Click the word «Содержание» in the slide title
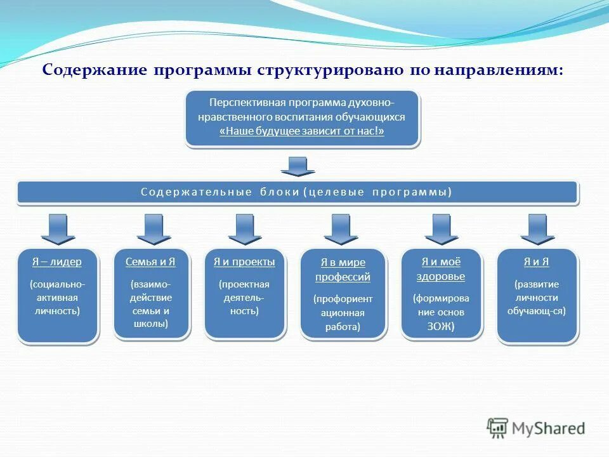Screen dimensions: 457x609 (95, 70)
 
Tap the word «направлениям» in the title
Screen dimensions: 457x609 (498, 70)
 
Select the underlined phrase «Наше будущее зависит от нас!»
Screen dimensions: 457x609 (302, 131)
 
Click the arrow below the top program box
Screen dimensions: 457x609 (298, 166)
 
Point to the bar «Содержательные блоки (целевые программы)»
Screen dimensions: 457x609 (297, 192)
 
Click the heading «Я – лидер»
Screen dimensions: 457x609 (57, 262)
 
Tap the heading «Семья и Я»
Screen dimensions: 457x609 (150, 262)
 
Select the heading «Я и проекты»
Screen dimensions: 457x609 (244, 262)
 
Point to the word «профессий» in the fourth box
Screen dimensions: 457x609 (343, 277)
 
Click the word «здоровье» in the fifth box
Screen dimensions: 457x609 (441, 277)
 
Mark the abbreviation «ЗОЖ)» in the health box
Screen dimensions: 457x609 (441, 328)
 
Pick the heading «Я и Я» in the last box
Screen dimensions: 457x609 (536, 262)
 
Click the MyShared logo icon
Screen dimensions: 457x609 (497, 428)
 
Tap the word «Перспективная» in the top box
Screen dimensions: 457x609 (246, 103)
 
